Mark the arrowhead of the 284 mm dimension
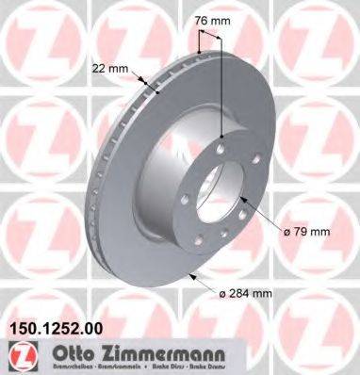pyautogui.click(x=194, y=275)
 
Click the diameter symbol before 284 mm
pyautogui.click(x=221, y=294)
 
